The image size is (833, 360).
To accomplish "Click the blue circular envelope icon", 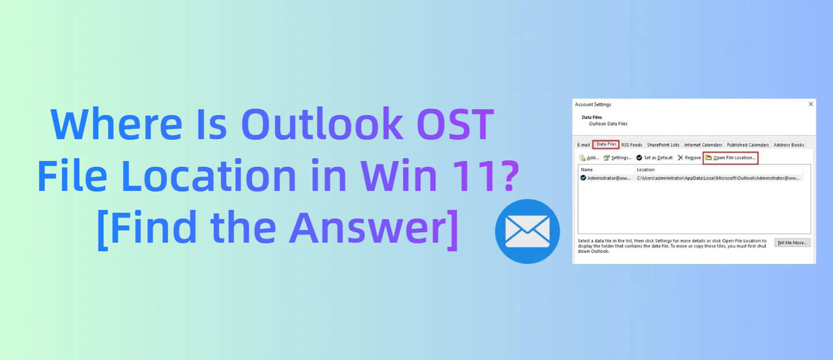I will [527, 231].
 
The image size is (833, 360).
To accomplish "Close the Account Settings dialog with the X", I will [811, 104].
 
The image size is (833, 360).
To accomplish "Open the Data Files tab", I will [606, 144].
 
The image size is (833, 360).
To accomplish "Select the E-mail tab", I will [583, 145].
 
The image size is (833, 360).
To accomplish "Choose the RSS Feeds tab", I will [632, 145].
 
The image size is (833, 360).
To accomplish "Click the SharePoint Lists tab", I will [663, 145].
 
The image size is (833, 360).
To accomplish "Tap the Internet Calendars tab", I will [703, 145].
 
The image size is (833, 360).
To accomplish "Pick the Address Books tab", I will [789, 145].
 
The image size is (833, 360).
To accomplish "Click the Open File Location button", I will [731, 158].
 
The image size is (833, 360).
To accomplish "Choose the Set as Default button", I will [655, 158].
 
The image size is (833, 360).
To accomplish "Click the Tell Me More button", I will [792, 243].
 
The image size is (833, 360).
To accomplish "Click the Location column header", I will [645, 170].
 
